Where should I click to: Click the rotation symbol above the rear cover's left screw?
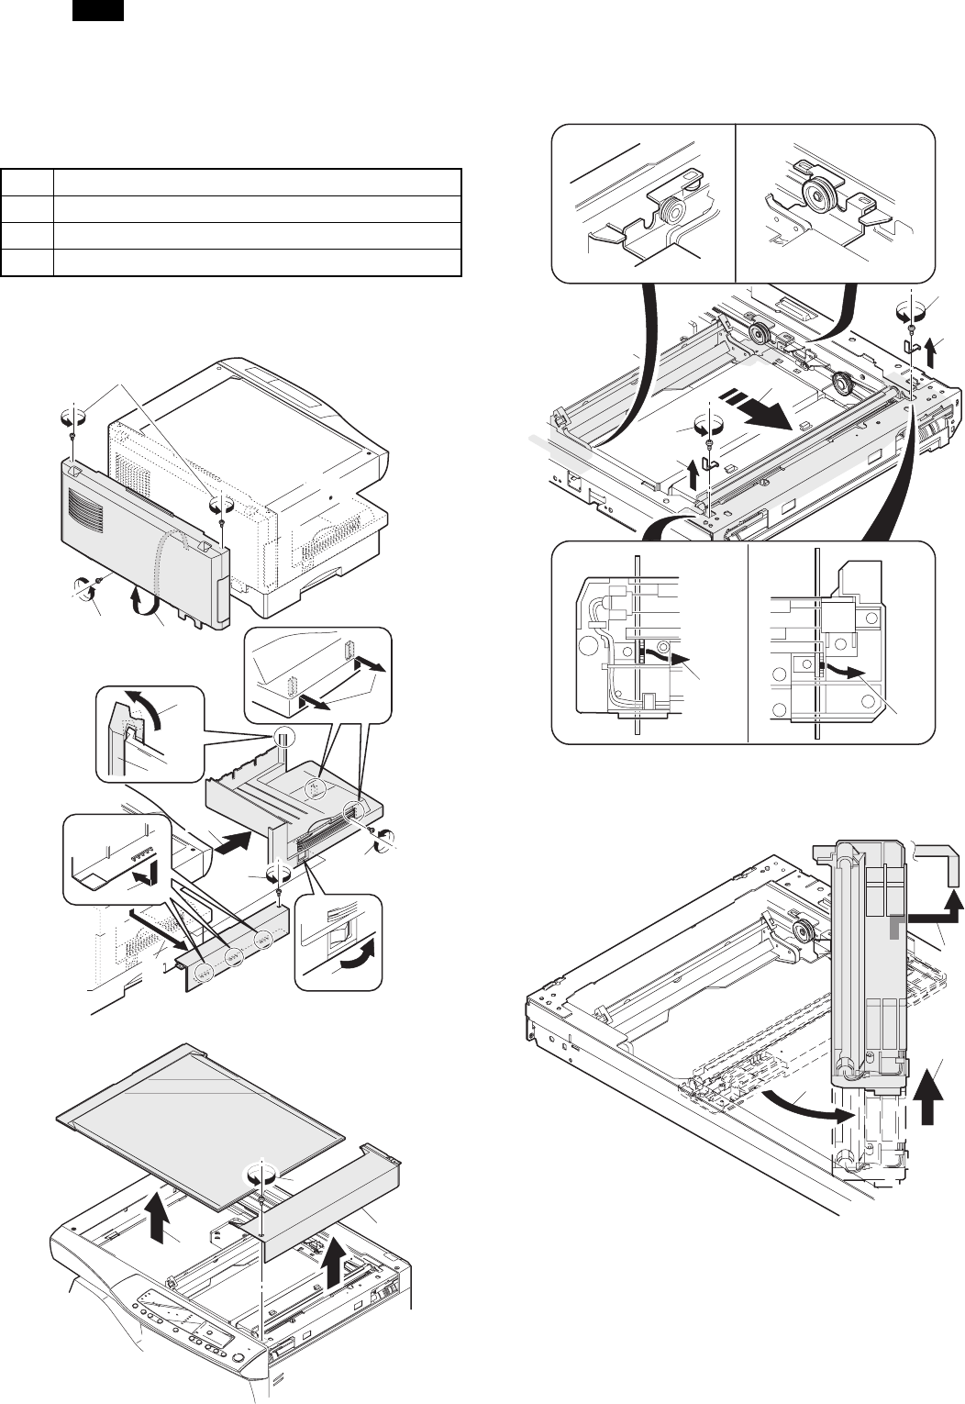pyautogui.click(x=72, y=418)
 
